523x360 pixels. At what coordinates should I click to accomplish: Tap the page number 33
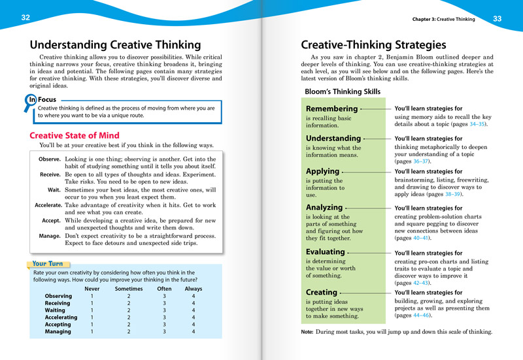tap(497, 18)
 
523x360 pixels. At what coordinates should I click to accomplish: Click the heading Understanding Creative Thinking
tap(115, 45)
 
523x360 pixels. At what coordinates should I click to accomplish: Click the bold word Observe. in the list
tap(50, 159)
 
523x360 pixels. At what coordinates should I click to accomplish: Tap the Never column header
tap(92, 289)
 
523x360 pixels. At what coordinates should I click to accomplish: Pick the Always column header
tap(194, 289)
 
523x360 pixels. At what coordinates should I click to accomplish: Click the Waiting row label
tap(58, 310)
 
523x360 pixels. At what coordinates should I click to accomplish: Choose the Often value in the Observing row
tap(164, 296)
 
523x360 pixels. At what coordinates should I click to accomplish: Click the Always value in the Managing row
tap(194, 331)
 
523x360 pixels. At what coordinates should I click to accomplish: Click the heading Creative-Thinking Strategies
tap(373, 45)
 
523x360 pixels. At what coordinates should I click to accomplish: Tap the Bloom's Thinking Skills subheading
tap(343, 92)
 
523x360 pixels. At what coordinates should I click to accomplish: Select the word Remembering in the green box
tap(332, 108)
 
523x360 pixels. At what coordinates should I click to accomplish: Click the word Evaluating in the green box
tap(326, 252)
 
